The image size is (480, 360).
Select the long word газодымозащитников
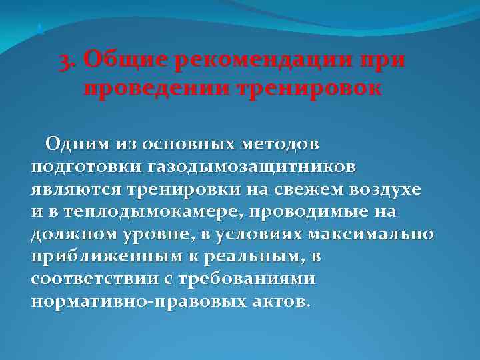pos(243,165)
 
